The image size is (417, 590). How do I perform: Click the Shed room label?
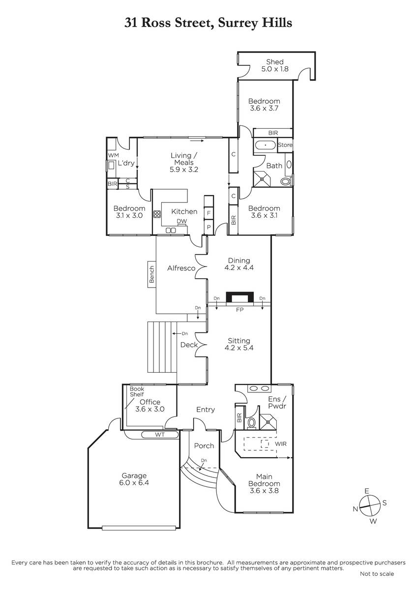click(x=274, y=62)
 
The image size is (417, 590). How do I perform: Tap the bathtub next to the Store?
click(x=265, y=145)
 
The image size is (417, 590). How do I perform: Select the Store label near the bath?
click(x=285, y=145)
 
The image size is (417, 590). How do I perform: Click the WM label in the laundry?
click(x=113, y=155)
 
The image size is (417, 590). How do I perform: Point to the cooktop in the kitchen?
click(x=157, y=214)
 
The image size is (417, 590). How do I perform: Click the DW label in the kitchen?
click(x=182, y=221)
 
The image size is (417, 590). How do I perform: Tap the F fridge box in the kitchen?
click(x=208, y=213)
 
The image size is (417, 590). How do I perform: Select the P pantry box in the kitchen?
click(x=208, y=227)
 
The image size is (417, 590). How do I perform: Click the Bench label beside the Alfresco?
click(x=152, y=274)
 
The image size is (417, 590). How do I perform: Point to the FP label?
click(x=239, y=310)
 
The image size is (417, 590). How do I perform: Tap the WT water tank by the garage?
click(x=160, y=435)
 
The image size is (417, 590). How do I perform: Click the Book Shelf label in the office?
click(x=137, y=392)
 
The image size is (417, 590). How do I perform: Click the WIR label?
click(x=281, y=444)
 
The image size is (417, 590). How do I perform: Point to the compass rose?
click(x=370, y=506)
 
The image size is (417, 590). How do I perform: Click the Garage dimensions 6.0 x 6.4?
click(x=134, y=483)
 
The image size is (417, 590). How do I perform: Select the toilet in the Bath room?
click(x=286, y=181)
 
